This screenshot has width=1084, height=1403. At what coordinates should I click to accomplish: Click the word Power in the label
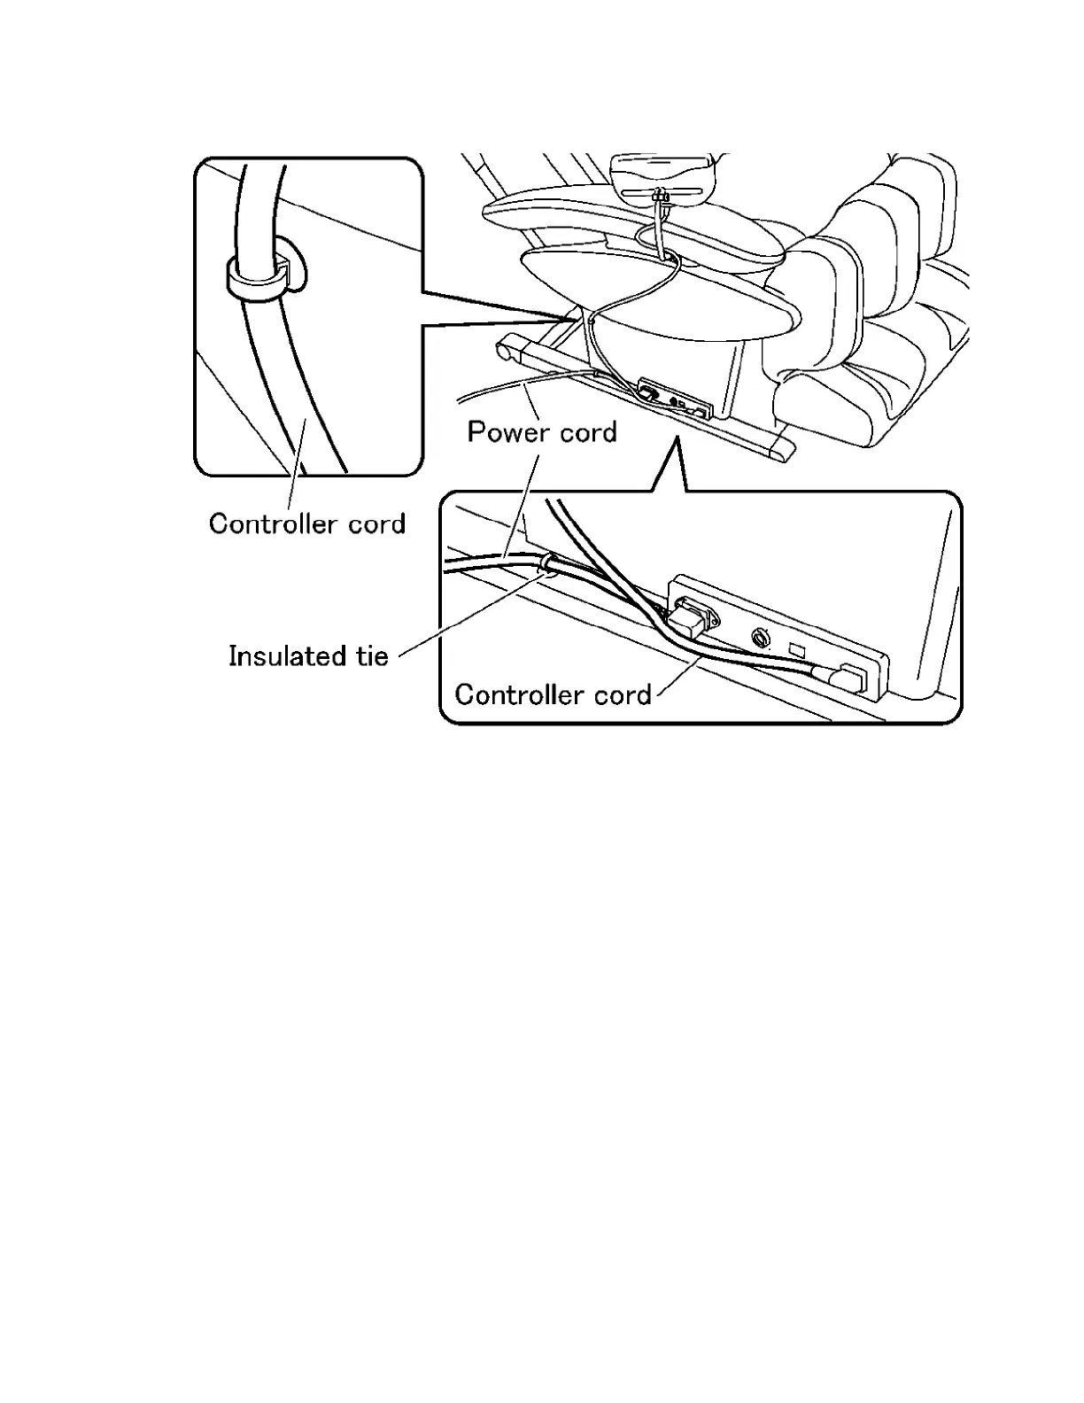502,432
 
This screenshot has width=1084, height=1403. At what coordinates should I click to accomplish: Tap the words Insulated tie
308,656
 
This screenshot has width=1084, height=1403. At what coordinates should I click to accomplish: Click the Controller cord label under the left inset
307,523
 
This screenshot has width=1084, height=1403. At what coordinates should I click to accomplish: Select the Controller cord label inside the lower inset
553,694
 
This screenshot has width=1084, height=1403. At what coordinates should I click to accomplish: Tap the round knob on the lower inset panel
759,639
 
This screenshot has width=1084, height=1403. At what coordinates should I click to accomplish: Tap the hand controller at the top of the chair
664,176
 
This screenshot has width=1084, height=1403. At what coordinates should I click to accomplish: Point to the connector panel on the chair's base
675,400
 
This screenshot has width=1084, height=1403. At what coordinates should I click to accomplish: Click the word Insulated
284,656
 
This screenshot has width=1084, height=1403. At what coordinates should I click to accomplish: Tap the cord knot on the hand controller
659,198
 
